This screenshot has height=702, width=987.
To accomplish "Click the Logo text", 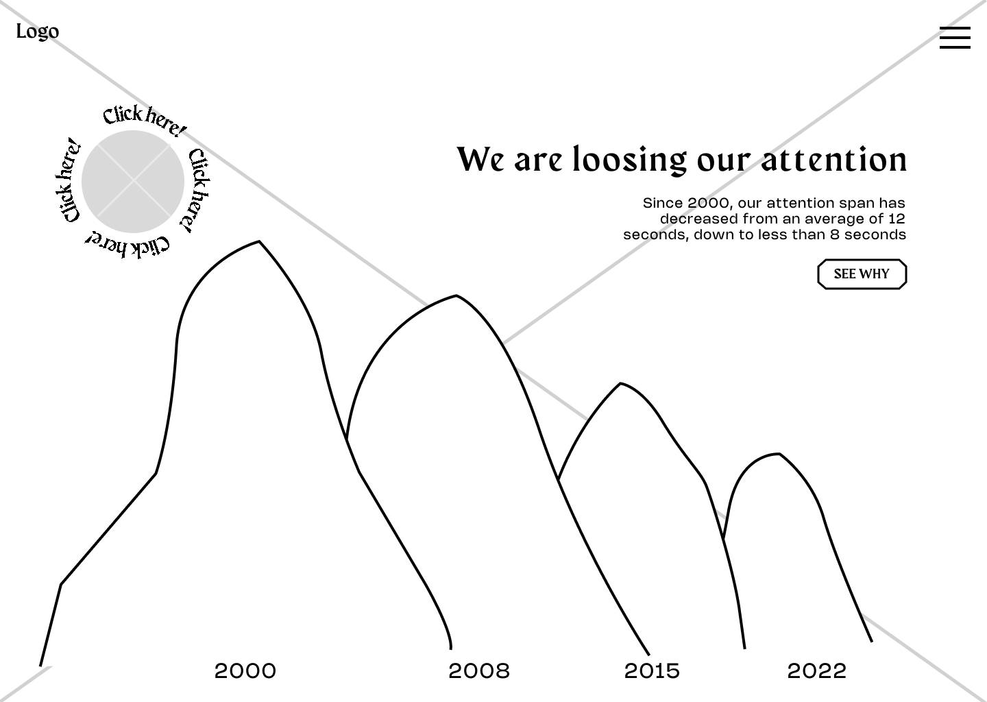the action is [38, 32].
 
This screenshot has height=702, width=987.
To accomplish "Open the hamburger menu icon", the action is [955, 38].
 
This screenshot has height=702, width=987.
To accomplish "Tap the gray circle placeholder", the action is [133, 182].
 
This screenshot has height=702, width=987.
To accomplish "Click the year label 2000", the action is [245, 671].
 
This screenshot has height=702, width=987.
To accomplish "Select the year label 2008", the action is [479, 671].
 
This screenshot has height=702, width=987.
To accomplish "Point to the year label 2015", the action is [652, 671].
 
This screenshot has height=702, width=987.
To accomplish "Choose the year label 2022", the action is [816, 671].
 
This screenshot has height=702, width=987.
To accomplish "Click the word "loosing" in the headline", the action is [630, 160].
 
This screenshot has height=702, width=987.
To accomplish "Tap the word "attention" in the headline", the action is [833, 160].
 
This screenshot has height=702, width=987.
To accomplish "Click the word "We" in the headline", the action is [480, 160].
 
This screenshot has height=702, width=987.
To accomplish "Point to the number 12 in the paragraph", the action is [897, 219].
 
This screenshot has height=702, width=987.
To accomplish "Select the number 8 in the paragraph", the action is [835, 234].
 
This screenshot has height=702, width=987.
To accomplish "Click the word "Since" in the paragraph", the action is [663, 203].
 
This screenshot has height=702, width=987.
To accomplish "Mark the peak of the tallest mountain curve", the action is [259, 241].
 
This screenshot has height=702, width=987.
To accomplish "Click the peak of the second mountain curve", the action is [456, 295].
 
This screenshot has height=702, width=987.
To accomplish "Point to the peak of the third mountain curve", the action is [621, 383].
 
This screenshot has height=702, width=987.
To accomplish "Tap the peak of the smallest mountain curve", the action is [779, 453].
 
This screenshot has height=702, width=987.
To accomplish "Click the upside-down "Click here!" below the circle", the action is [127, 246].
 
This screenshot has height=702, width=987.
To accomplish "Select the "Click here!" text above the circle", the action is [145, 120].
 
